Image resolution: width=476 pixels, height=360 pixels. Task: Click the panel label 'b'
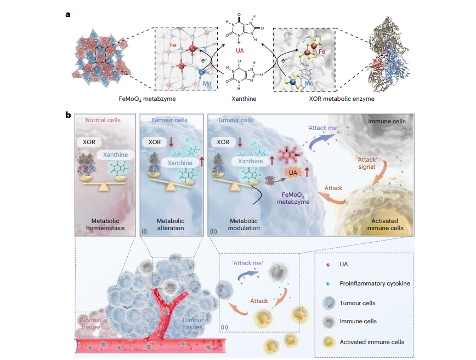69,116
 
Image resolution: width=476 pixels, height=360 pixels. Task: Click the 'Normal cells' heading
103,120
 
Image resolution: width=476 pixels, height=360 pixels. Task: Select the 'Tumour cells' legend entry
358,303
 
